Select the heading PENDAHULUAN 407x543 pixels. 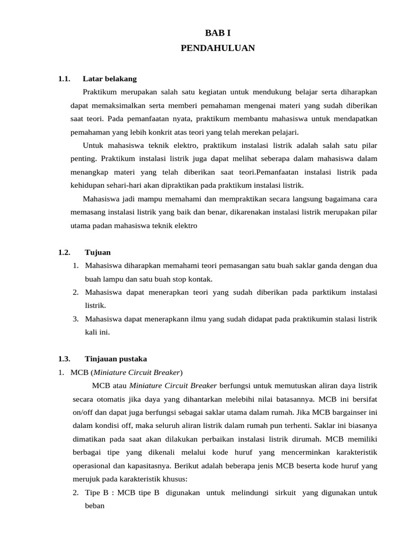pos(217,48)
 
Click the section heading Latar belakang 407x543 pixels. pos(110,79)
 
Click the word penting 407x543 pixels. pos(83,159)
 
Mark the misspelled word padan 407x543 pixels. pos(101,225)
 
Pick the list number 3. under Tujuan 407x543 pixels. pos(76,319)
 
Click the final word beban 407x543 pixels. pos(95,506)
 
